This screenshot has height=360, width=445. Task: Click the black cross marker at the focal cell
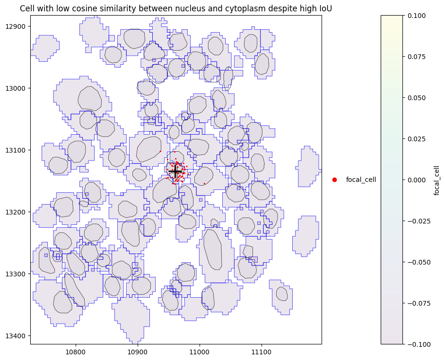coord(175,171)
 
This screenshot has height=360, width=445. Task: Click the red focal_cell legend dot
coord(334,180)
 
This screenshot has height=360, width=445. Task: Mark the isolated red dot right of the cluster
coord(204,183)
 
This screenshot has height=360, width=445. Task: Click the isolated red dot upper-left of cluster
coord(160,151)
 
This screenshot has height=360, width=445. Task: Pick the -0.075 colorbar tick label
coord(417,303)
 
